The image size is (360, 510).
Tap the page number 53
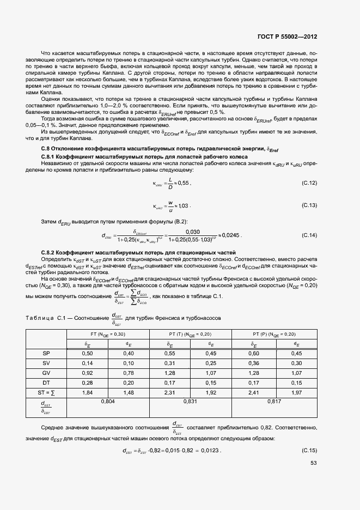pos(313,463)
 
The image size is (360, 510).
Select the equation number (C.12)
pos(309,184)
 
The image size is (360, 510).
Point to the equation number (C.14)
pos(309,235)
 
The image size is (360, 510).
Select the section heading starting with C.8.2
pos(138,253)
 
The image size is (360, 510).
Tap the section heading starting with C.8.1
pos(144,156)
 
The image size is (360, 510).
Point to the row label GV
pos(46,373)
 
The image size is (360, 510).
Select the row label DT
pos(46,382)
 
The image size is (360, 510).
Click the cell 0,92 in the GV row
pos(87,373)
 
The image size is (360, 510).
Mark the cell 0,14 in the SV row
pos(87,363)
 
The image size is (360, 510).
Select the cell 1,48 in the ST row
pos(129,392)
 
